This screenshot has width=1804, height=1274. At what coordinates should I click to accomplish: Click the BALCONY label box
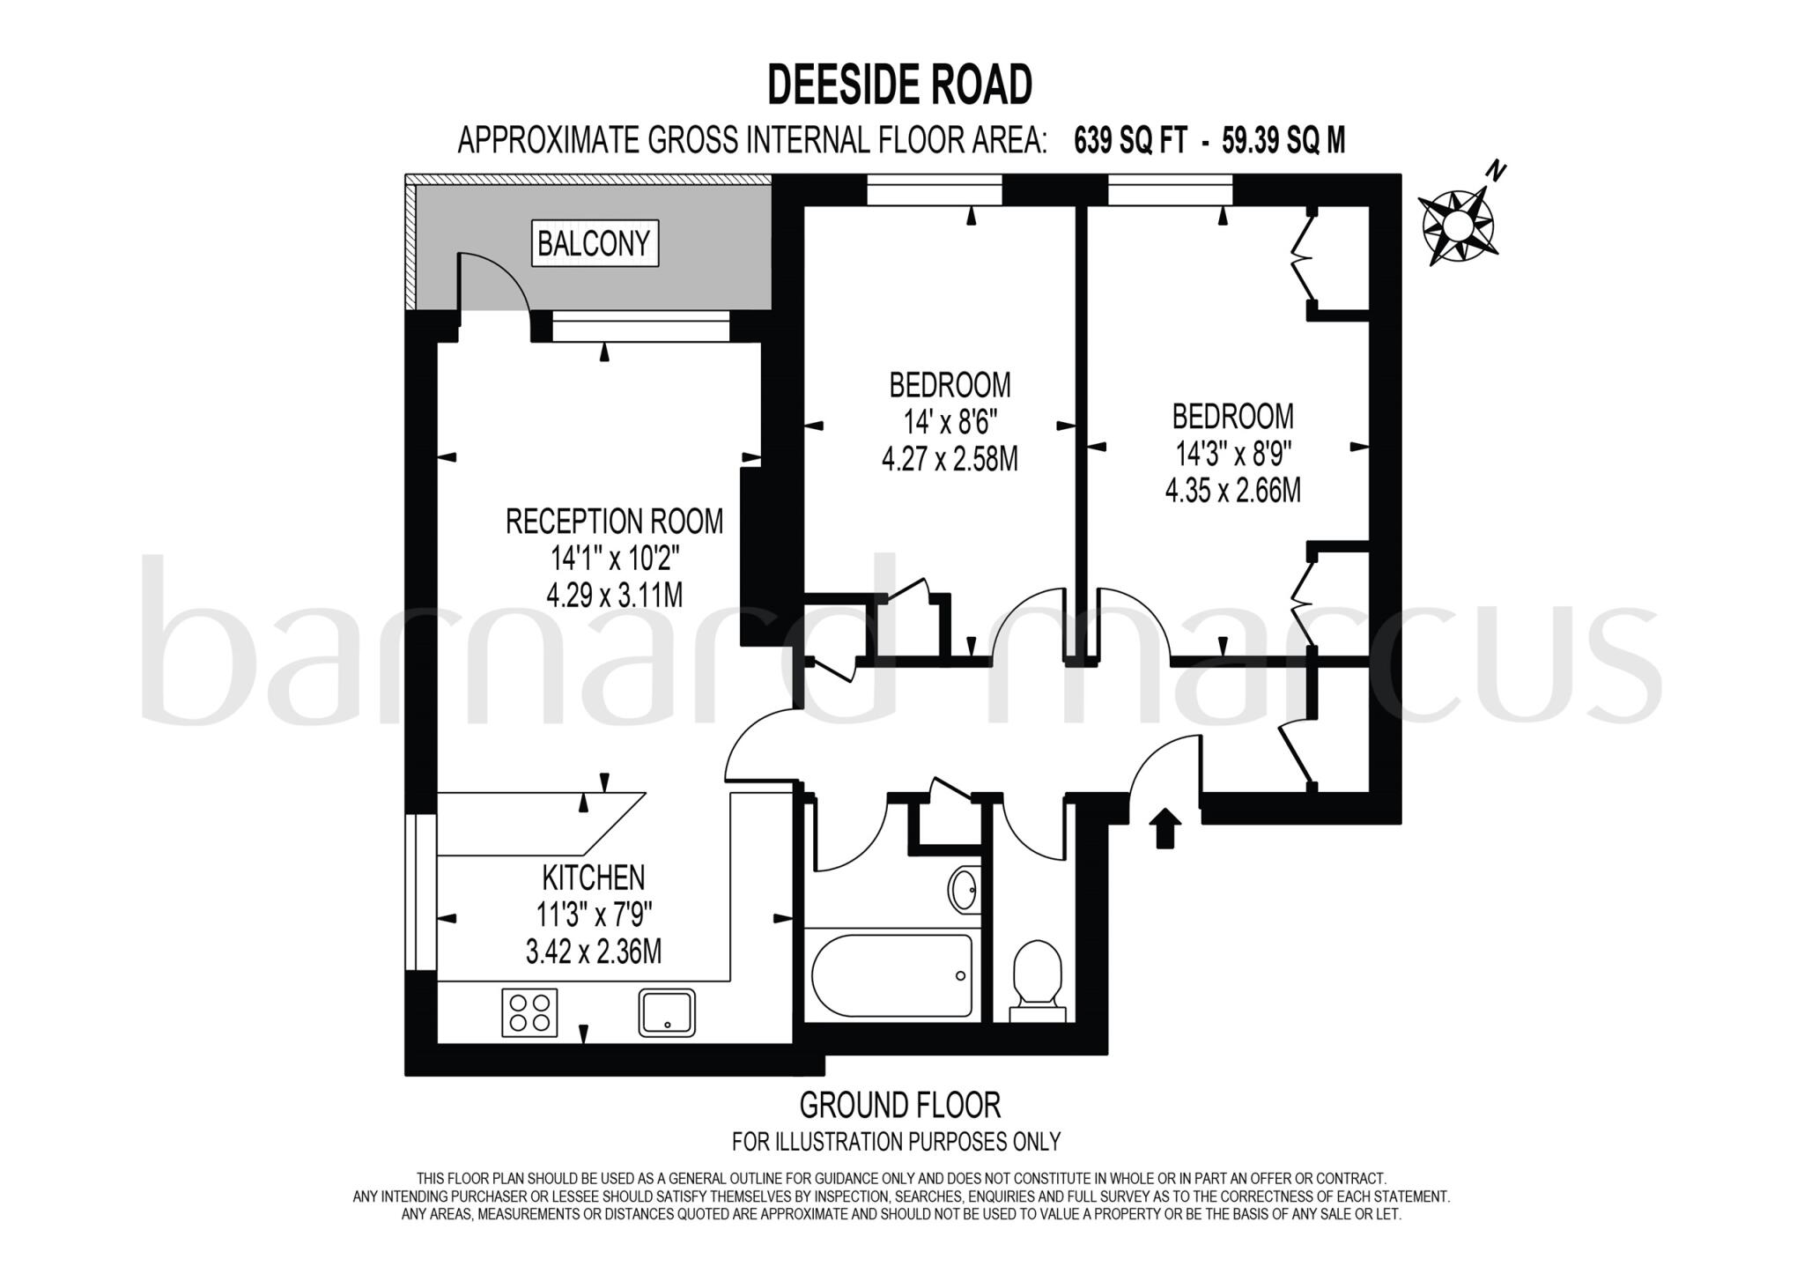click(x=595, y=243)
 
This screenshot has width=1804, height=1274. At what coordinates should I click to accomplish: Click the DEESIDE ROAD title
click(x=899, y=85)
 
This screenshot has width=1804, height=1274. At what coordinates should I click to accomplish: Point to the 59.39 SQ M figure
click(x=1283, y=140)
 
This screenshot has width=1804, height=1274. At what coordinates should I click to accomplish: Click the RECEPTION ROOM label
click(x=614, y=522)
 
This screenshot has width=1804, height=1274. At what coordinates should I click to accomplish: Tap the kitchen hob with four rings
click(x=529, y=1011)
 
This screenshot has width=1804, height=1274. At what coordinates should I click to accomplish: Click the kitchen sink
click(x=667, y=1011)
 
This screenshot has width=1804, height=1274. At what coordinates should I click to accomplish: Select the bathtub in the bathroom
click(x=891, y=975)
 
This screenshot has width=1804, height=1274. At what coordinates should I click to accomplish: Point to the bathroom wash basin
click(x=965, y=890)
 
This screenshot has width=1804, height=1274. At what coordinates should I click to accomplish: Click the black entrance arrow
click(x=1165, y=828)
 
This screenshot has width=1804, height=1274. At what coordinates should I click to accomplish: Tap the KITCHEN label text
click(x=593, y=878)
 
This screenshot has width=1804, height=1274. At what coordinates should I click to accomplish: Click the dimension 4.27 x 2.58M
click(x=950, y=459)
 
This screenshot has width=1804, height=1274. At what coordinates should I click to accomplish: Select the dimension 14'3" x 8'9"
click(x=1233, y=455)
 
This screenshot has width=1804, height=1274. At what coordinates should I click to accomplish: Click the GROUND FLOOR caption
click(x=899, y=1104)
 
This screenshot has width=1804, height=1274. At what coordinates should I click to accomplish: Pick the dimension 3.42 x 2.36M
click(x=593, y=952)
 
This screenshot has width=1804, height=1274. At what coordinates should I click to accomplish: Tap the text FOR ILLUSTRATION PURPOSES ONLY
click(x=896, y=1142)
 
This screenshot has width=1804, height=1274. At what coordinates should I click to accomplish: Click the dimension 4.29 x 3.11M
click(x=614, y=596)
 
